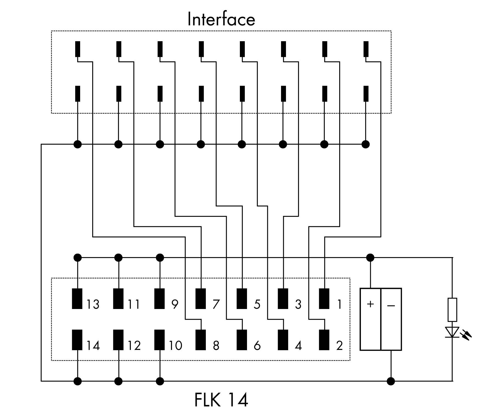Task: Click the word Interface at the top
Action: (221, 19)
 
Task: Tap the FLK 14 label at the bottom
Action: (221, 400)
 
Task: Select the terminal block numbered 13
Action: (77, 299)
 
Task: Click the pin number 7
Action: (216, 304)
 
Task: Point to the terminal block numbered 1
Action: (324, 299)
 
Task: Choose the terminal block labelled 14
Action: (77, 340)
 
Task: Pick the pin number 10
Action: (175, 346)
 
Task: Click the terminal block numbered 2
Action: (324, 340)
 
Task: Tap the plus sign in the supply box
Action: (370, 304)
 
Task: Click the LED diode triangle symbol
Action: (452, 332)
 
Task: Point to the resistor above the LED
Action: (452, 310)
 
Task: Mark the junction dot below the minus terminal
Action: (391, 381)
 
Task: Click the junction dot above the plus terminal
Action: (370, 258)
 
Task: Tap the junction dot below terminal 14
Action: (78, 381)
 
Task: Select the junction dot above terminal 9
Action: (160, 258)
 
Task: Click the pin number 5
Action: (257, 304)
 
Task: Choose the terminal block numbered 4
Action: (283, 340)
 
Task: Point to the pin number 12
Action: (134, 346)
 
